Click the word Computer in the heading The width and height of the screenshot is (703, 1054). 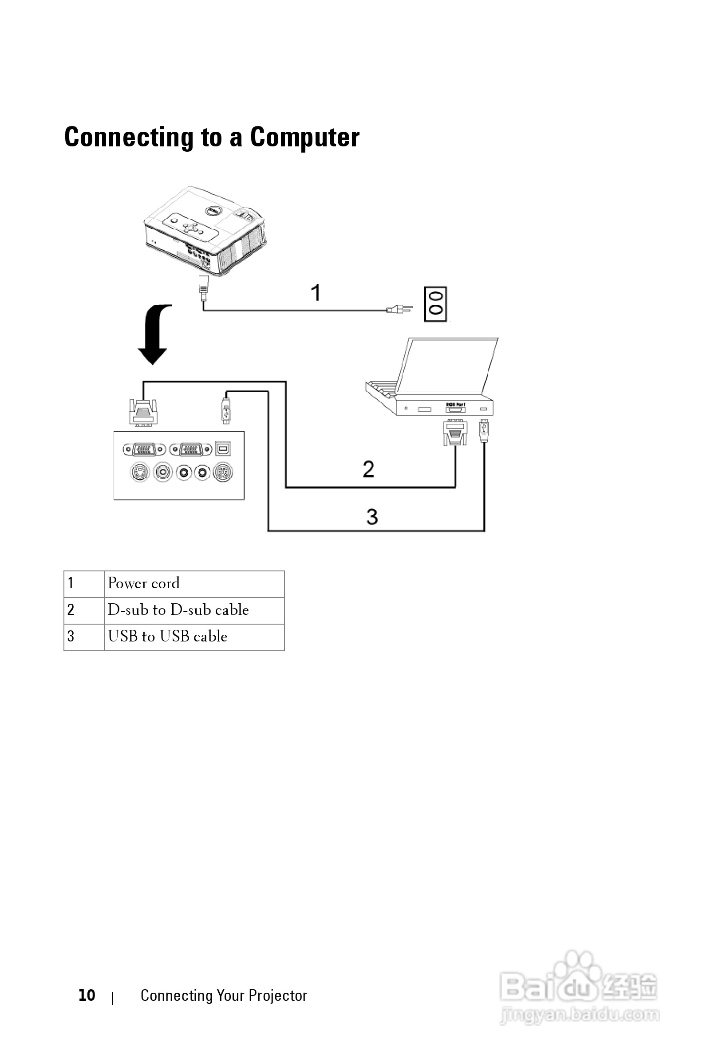[304, 137]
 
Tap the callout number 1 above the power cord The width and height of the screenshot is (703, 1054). [316, 293]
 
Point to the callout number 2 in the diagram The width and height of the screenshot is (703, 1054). [368, 469]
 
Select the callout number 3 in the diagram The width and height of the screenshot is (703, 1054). [372, 517]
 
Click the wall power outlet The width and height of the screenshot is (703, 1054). [435, 304]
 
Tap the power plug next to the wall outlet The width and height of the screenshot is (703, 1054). [399, 309]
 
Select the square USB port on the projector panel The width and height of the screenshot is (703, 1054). [223, 448]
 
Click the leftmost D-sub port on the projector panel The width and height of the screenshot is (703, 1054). [144, 448]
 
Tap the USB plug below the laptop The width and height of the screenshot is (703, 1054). [483, 430]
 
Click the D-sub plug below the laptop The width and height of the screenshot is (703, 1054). [454, 433]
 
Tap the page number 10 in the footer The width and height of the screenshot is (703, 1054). [87, 995]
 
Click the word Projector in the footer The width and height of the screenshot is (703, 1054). [277, 995]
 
